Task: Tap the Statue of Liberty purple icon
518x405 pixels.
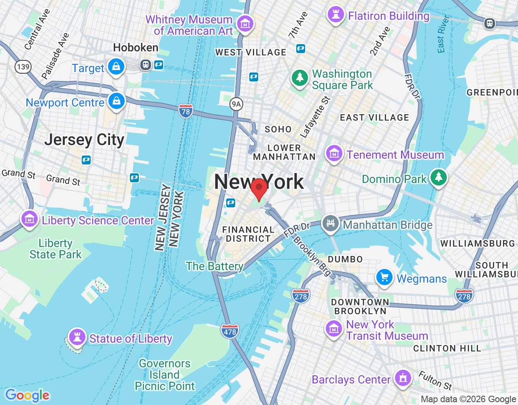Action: point(77,337)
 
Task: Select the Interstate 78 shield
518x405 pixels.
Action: point(185,111)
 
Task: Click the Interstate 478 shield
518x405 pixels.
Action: point(230,331)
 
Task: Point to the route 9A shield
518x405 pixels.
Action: point(236,104)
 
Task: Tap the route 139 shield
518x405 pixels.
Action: point(23,67)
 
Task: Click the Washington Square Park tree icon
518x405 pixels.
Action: point(300,77)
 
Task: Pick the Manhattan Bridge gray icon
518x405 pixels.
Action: point(331,223)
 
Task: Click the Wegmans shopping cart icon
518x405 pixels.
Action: point(384,277)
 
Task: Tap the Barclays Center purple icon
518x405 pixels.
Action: point(403,378)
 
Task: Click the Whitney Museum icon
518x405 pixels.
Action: point(245,24)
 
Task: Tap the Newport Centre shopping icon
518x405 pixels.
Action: point(117,101)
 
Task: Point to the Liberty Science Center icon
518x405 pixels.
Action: point(29,219)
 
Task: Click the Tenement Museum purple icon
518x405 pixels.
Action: point(334,153)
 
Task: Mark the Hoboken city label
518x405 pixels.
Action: point(136,48)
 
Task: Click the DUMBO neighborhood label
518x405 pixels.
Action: point(345,259)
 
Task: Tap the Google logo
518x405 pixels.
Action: point(27,395)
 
